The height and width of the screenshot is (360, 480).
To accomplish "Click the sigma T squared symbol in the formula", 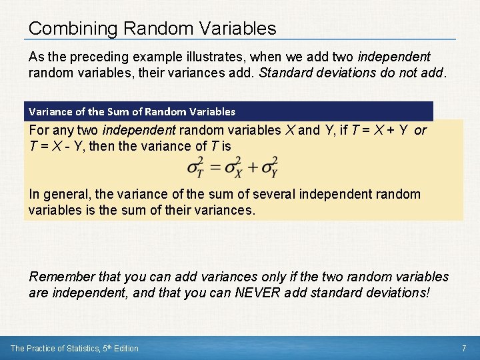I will tap(195, 167).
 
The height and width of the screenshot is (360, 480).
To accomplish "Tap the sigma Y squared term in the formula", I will tap(269, 167).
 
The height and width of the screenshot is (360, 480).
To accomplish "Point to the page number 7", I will tap(463, 348).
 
